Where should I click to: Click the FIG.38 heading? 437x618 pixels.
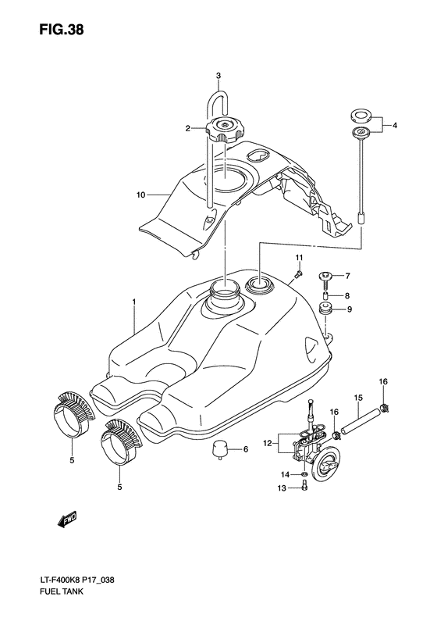[62, 30]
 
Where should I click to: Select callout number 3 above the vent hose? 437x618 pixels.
[218, 75]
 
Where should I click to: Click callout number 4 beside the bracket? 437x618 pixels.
[395, 125]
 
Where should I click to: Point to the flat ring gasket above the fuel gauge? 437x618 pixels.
[360, 116]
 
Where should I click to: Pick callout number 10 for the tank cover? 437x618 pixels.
[141, 195]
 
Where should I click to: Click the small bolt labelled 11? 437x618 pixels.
[300, 273]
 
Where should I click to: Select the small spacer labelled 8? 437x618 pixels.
[326, 296]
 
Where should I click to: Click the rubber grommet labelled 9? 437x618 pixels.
[326, 309]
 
